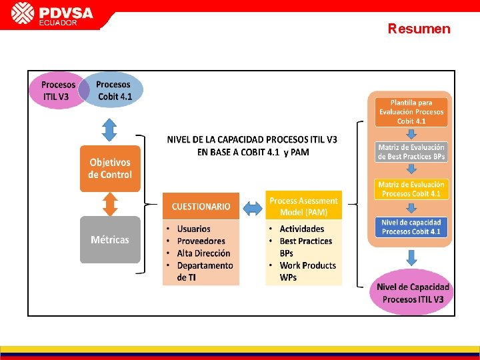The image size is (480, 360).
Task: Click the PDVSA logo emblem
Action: (23, 13)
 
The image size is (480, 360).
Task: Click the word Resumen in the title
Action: (419, 29)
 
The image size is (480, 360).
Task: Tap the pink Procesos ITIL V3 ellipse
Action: (56, 91)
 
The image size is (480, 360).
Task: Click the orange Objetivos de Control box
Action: (110, 169)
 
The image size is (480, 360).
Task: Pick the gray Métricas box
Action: (110, 239)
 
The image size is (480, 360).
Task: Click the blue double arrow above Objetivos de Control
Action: (110, 129)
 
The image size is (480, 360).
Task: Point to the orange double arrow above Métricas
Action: (110, 204)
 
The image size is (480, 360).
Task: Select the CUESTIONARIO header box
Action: (201, 207)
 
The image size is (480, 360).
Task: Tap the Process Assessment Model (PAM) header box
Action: (303, 205)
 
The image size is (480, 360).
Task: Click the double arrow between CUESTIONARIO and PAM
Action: (253, 208)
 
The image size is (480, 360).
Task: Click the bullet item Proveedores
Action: (201, 241)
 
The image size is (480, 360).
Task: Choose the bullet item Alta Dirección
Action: (203, 253)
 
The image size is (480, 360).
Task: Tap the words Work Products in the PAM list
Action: (307, 265)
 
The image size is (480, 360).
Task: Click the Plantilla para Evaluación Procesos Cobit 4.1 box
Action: (411, 112)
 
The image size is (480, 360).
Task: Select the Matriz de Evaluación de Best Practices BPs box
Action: (411, 152)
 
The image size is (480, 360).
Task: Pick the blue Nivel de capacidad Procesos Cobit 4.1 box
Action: (411, 227)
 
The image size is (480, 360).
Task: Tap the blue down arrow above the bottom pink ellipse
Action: (411, 257)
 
